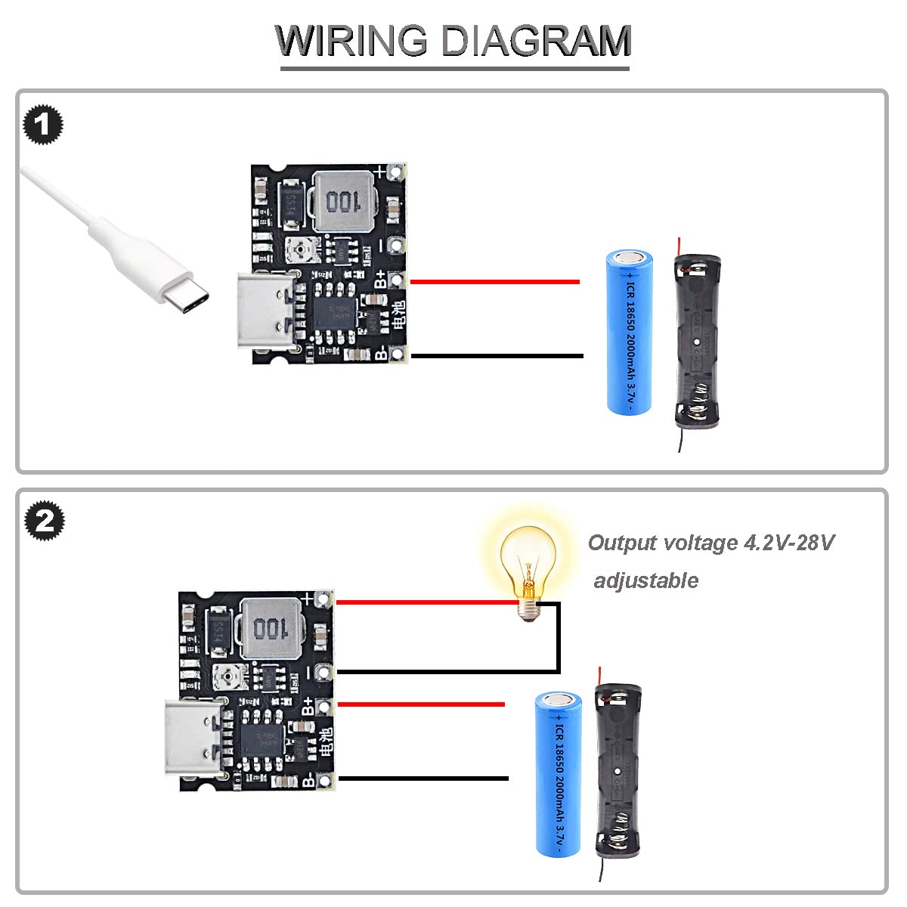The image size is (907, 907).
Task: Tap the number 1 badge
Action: coord(43,125)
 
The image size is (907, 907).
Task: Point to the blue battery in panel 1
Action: coord(629,333)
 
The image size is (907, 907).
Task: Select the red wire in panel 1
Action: coord(494,282)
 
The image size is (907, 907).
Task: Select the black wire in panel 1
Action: coord(496,355)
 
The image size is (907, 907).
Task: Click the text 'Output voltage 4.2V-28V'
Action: coord(710,543)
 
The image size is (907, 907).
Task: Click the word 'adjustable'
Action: coord(646,580)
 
